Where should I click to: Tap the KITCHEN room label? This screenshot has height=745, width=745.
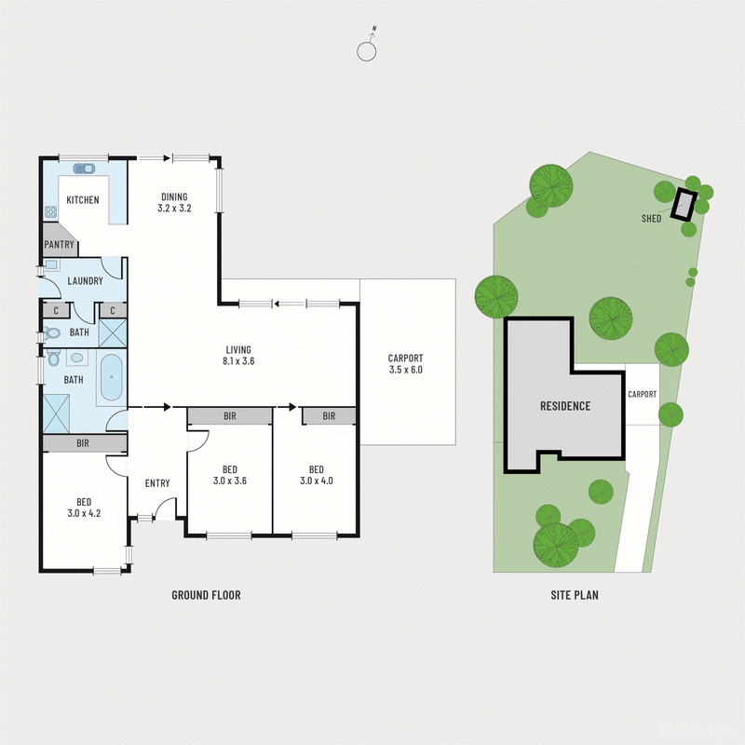pos(82,200)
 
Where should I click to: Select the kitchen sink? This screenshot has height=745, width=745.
pos(85,169)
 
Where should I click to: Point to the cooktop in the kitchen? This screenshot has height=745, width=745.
pos(48,212)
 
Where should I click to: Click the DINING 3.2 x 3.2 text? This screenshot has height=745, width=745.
pos(174,203)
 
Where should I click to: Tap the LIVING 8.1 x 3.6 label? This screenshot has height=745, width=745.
pos(239,355)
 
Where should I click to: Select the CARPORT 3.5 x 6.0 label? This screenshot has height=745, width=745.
pos(405,363)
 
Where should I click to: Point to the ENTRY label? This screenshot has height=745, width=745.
pos(157,482)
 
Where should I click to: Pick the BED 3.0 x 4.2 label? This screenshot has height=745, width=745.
pos(83,507)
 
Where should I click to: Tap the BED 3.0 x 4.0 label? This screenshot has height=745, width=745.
pos(316,475)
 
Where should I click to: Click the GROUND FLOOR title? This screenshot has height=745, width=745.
pos(206,595)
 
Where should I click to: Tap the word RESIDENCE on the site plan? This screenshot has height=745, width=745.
pos(565,406)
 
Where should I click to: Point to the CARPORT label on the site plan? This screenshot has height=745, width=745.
pos(642,394)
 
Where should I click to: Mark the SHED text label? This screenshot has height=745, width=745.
pos(651,219)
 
